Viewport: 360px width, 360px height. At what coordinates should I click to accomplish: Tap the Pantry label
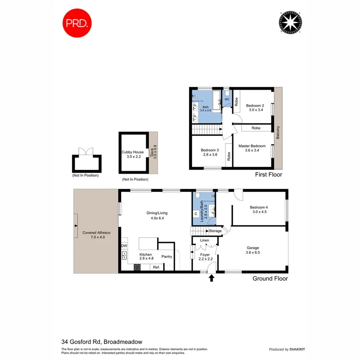tap(167, 256)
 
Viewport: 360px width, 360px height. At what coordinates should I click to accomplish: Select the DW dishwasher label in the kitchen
tap(124, 246)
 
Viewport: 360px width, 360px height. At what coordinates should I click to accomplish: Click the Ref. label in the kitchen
tap(156, 267)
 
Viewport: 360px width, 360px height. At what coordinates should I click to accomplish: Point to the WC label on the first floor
tap(226, 99)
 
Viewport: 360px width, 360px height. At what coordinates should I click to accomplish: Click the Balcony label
tap(278, 133)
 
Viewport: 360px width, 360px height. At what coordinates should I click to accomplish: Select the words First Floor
tap(268, 175)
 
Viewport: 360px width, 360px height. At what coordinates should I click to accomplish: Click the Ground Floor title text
tap(270, 279)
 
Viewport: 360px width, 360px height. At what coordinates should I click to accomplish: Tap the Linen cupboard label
tap(204, 240)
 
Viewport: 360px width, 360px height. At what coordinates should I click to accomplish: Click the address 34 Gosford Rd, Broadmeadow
tap(102, 342)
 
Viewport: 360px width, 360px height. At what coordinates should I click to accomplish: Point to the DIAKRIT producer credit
tap(300, 349)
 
